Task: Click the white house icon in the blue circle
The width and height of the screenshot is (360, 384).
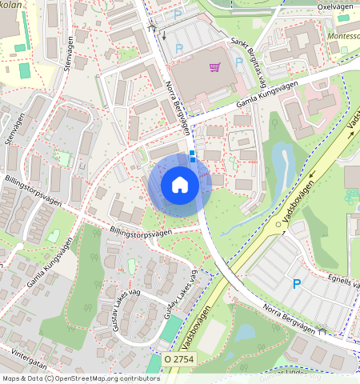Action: click(x=180, y=185)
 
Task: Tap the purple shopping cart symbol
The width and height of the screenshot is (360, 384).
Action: click(x=214, y=67)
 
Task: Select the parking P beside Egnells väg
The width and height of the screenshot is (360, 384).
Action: click(x=297, y=283)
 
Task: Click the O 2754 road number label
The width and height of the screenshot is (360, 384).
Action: click(x=179, y=361)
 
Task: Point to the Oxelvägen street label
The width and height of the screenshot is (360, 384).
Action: click(x=335, y=6)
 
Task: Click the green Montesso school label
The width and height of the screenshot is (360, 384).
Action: click(x=343, y=37)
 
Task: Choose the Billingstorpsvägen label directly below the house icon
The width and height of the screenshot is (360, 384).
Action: click(x=141, y=233)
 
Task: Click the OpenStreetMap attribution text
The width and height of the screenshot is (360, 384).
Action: click(x=81, y=378)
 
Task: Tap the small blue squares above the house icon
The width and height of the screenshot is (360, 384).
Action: click(x=192, y=156)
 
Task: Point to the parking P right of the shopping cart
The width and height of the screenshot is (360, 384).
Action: click(x=239, y=62)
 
